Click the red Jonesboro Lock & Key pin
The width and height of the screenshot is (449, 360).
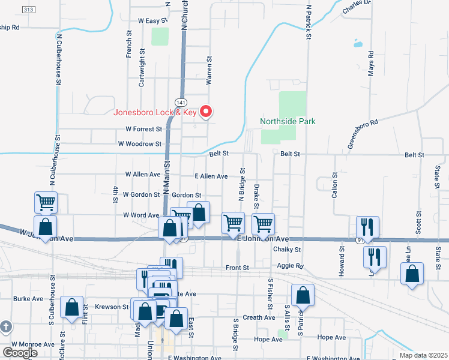tap(206, 112)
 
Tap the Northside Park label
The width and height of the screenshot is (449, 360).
tap(288, 121)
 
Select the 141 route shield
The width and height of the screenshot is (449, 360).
tap(180, 102)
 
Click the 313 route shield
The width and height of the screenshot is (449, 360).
tap(28, 10)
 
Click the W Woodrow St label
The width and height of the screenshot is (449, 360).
tap(140, 144)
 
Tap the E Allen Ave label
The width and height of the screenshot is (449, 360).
tap(211, 176)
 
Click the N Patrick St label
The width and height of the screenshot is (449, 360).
tap(309, 24)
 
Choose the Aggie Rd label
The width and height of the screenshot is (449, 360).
tap(291, 266)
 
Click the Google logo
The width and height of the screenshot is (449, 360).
tap(20, 352)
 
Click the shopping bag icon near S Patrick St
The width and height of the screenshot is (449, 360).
tap(303, 296)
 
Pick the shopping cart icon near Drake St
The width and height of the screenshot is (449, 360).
tap(263, 224)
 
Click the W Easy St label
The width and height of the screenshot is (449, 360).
tap(152, 20)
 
